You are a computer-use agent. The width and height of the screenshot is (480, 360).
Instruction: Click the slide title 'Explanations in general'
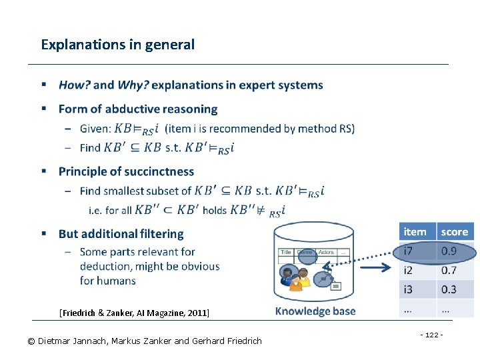pyautogui.click(x=117, y=45)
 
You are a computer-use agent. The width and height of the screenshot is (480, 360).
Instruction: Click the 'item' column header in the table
pyautogui.click(x=415, y=232)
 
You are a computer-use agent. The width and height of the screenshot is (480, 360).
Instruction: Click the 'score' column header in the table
pyautogui.click(x=455, y=232)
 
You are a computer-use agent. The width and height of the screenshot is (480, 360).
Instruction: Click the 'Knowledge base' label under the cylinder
pyautogui.click(x=315, y=311)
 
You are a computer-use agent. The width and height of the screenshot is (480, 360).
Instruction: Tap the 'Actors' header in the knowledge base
pyautogui.click(x=326, y=253)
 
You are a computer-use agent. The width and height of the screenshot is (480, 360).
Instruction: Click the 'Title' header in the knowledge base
pyautogui.click(x=286, y=253)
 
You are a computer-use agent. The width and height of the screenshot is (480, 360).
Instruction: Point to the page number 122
pyautogui.click(x=431, y=334)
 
